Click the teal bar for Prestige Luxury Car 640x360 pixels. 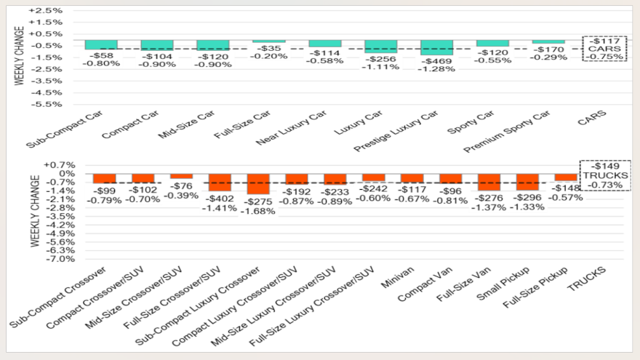coord(436,47)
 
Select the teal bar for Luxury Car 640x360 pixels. coord(380,46)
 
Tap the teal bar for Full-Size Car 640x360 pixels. coord(268,41)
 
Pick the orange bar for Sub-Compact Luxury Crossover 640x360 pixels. coord(258,183)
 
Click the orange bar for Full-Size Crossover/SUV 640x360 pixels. coord(220,182)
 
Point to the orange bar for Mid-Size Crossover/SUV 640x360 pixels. coord(181,176)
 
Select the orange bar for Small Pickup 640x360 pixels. coord(527,182)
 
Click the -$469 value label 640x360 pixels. coord(436,60)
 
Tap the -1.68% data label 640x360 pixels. coord(258,211)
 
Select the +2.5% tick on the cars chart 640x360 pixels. coord(47,11)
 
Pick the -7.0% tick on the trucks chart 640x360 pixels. coord(49,258)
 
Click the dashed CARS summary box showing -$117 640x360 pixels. coord(604,48)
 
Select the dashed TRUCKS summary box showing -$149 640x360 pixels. coord(604,175)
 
